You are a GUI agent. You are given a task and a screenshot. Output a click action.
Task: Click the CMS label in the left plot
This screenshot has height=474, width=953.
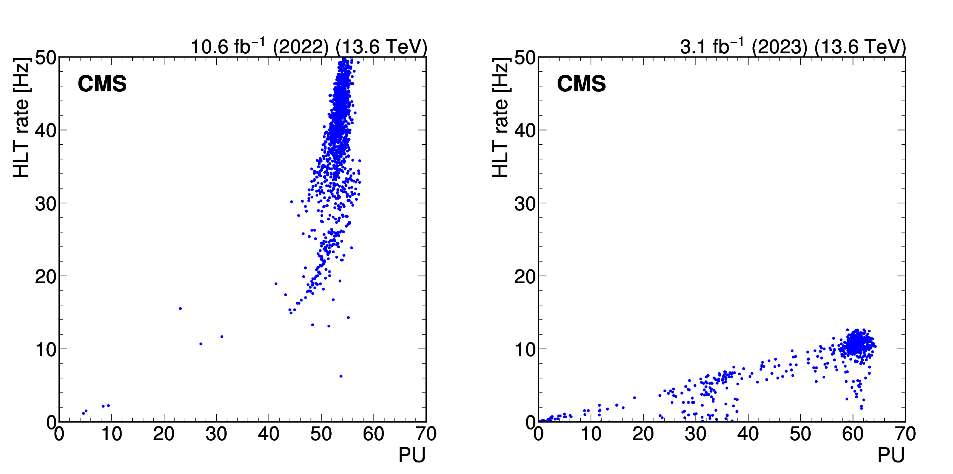[x=102, y=84]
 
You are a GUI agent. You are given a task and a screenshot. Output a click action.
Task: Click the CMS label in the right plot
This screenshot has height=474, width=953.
[x=581, y=84]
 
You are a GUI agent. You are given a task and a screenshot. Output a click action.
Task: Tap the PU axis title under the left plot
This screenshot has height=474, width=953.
[x=412, y=455]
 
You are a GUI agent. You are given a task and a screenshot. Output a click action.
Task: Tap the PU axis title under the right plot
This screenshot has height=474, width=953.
[x=891, y=455]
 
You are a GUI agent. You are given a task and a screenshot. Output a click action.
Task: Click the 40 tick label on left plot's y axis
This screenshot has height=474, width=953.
[x=46, y=130]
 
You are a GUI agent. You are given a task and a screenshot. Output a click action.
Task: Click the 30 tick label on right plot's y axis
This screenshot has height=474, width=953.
[x=525, y=203]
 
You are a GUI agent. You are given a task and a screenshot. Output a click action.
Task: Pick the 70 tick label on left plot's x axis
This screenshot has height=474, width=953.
[x=426, y=434]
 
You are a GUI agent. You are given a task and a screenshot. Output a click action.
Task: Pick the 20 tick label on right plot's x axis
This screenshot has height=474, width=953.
[x=643, y=434]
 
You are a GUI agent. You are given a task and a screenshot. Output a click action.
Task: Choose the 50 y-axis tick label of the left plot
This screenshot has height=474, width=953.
[x=46, y=58]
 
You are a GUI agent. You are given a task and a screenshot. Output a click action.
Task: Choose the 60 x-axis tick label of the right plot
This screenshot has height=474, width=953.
[x=853, y=434]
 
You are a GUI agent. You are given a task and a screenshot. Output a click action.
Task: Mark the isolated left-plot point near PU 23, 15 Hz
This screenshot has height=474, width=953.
[x=180, y=309]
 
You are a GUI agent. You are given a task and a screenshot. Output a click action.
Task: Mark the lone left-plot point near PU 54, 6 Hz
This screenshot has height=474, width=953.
[x=341, y=376]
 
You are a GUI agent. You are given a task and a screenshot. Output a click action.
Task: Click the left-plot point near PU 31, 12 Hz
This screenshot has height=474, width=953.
[x=222, y=337]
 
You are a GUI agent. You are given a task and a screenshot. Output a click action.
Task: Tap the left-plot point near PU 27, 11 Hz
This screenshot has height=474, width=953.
[x=201, y=344]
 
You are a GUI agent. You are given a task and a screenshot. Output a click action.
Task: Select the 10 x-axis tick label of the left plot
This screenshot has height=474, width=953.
[x=112, y=434]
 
